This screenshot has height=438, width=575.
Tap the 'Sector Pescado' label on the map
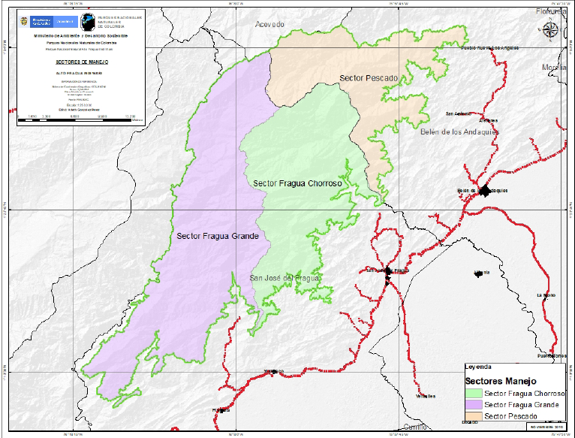(368, 78)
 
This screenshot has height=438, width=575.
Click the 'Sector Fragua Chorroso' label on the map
(297, 183)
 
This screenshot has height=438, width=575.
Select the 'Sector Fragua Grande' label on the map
(218, 236)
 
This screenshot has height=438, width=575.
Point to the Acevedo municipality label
(270, 25)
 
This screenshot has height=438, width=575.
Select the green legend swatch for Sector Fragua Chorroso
(474, 393)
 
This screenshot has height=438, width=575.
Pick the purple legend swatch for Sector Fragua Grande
(474, 404)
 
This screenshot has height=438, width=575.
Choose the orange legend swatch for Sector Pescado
(474, 415)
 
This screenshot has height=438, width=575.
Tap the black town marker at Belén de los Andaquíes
(484, 191)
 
